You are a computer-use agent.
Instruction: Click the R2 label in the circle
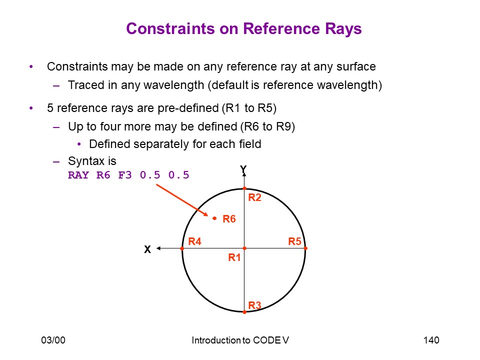[254, 197]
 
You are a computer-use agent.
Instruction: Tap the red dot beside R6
[214, 218]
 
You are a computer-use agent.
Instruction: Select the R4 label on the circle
[194, 241]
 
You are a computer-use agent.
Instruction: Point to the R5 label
[295, 241]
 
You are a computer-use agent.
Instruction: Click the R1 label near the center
[234, 257]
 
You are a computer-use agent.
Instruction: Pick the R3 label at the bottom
[254, 305]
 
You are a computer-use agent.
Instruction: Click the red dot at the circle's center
[244, 248]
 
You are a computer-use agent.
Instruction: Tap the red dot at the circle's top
[244, 188]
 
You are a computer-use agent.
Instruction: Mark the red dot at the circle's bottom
[244, 312]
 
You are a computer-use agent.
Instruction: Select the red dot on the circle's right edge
[305, 248]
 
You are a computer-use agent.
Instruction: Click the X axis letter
[147, 249]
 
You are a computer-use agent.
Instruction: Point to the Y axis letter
[243, 169]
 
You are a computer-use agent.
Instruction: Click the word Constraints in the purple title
[170, 29]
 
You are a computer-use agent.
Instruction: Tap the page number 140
[431, 340]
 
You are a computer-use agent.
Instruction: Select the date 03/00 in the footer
[53, 340]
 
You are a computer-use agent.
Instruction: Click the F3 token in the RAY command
[125, 175]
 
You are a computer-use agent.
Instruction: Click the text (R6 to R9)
[267, 126]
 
